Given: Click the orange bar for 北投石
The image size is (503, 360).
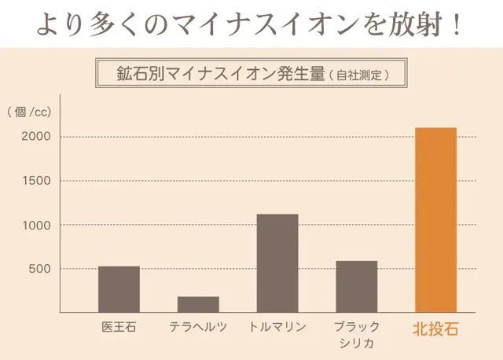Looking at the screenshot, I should click(x=435, y=219).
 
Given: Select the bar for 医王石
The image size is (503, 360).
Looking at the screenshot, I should click(x=119, y=288).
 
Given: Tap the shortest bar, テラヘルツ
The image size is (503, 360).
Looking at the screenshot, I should click(x=198, y=303).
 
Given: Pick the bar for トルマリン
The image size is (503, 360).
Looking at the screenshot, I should click(x=277, y=263).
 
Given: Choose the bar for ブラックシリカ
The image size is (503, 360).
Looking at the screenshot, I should click(x=357, y=286).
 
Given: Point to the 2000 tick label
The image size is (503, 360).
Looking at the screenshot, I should click(x=36, y=137).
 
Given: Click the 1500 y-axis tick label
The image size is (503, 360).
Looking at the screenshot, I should click(x=36, y=181).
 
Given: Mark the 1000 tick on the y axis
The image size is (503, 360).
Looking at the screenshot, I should click(x=36, y=225).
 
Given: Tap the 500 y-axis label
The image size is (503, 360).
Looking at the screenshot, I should click(x=40, y=269).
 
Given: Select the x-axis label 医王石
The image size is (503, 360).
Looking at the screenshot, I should click(x=119, y=327).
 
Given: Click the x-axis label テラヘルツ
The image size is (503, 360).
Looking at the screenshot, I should click(x=198, y=327).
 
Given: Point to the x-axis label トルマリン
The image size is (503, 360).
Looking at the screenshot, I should click(x=277, y=327).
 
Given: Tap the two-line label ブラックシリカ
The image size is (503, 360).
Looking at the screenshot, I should click(x=357, y=334).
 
